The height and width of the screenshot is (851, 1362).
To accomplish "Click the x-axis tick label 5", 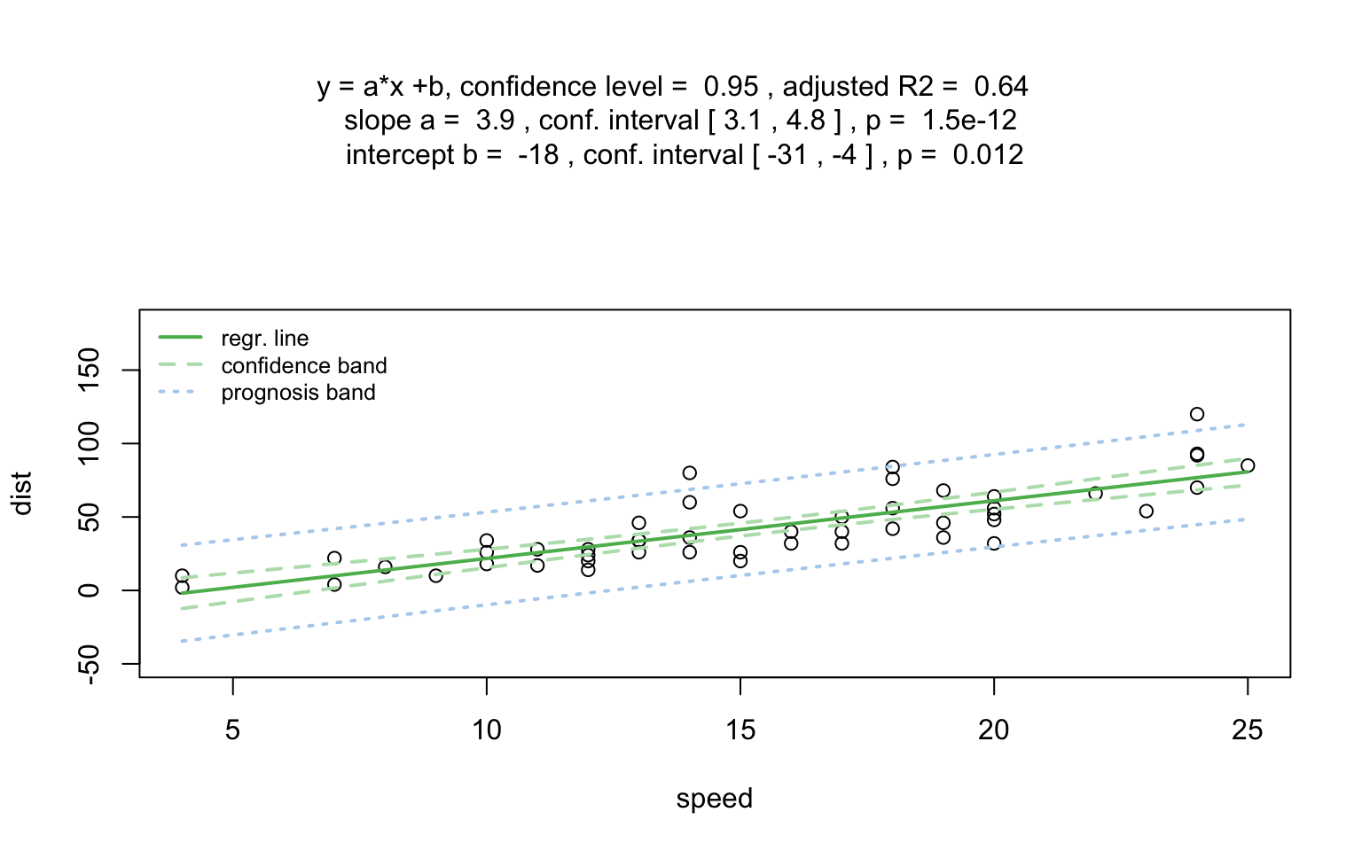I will (x=232, y=730).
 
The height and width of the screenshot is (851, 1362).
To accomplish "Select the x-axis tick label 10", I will (x=486, y=730).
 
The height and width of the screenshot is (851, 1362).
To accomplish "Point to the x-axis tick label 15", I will (x=740, y=730).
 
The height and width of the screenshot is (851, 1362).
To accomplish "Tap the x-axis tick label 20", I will (x=993, y=730).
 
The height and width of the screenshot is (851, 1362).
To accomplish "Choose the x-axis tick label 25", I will (x=1247, y=730).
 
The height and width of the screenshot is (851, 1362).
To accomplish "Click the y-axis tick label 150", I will (x=89, y=370).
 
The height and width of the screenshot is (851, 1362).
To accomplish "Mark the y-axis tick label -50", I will (x=89, y=663).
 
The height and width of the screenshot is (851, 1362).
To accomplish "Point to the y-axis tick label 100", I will (x=89, y=443).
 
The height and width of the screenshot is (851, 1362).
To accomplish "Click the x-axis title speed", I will (x=714, y=799).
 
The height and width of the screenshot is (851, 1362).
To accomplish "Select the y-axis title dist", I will (x=22, y=493).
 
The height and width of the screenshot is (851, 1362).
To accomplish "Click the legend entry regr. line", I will (x=264, y=339).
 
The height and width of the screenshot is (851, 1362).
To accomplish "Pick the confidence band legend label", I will (x=303, y=366).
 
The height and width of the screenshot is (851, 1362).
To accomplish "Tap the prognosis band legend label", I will (x=298, y=393).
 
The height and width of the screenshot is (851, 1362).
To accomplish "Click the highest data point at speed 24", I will (x=1196, y=414).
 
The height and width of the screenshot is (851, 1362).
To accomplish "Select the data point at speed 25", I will (x=1247, y=465).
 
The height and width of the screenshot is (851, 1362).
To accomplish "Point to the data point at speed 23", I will (x=1146, y=511).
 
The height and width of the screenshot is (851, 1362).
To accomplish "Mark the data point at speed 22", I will (x=1095, y=493).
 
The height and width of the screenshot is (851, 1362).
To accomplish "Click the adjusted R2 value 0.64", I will (x=1001, y=87).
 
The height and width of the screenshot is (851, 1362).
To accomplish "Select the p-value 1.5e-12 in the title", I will (x=969, y=121).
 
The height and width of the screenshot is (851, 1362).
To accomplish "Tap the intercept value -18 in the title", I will (x=538, y=155).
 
